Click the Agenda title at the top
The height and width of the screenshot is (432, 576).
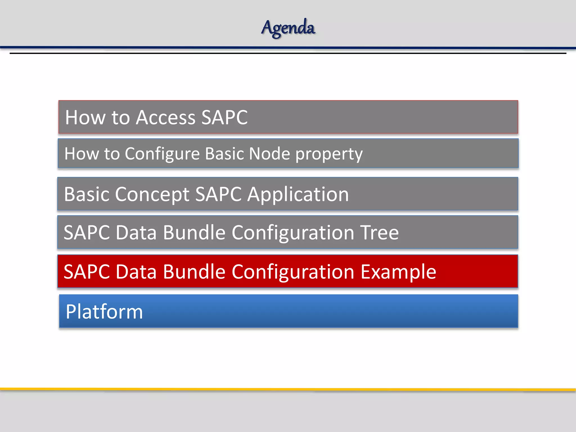click(288, 28)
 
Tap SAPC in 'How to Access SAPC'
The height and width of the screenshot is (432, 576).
click(224, 117)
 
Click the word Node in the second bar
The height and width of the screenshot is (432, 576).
click(269, 154)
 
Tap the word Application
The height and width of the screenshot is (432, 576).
click(298, 195)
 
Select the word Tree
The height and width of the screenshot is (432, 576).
click(380, 233)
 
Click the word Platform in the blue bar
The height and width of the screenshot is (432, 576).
click(104, 312)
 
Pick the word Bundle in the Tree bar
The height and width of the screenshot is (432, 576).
click(194, 233)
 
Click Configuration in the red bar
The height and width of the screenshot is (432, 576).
click(293, 272)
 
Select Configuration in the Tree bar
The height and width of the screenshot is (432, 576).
click(293, 233)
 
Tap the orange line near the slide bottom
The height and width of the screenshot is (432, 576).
click(288, 390)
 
